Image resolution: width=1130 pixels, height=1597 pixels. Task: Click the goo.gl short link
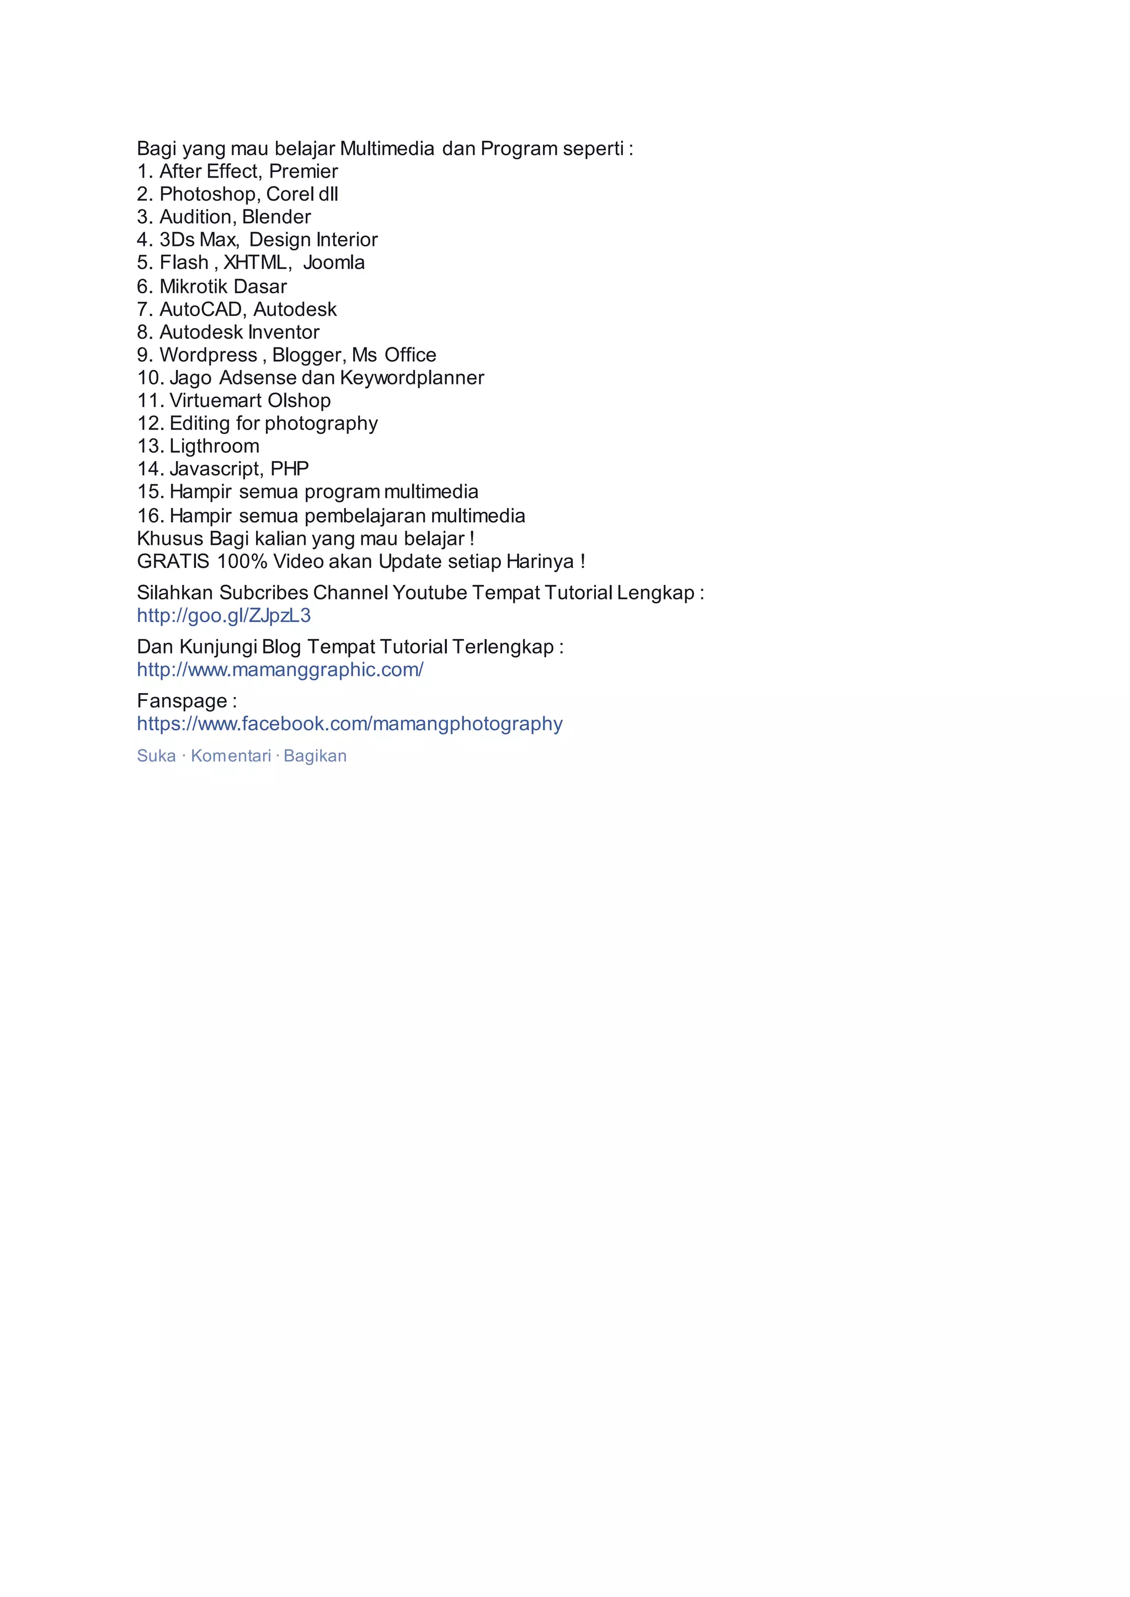(x=223, y=615)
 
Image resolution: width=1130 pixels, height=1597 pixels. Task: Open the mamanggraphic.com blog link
(x=280, y=670)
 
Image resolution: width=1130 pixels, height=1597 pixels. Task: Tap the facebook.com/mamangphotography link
(x=349, y=724)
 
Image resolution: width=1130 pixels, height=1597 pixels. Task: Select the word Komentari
(x=231, y=756)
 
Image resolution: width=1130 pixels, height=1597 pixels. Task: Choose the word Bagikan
(x=315, y=756)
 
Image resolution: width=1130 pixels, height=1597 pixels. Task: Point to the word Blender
(x=276, y=217)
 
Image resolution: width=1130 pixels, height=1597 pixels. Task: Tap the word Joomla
(x=333, y=263)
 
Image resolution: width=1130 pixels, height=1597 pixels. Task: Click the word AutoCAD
(x=200, y=309)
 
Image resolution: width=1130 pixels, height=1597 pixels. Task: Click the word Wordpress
(x=208, y=356)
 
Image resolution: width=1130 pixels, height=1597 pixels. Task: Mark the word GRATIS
(x=173, y=562)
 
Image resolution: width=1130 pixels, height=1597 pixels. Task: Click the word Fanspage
(x=182, y=701)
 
